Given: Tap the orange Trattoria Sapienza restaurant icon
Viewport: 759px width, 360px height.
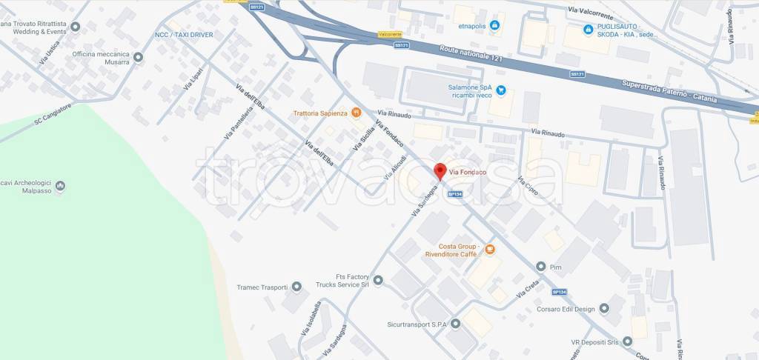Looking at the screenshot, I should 357,113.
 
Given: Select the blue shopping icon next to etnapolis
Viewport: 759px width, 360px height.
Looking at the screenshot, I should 495,25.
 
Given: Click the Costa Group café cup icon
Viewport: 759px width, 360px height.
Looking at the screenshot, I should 488,251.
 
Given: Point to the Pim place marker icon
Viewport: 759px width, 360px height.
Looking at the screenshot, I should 541,266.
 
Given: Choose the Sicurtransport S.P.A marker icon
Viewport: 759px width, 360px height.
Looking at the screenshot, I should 455,324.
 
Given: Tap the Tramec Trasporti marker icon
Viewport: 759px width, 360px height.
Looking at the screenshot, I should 296,287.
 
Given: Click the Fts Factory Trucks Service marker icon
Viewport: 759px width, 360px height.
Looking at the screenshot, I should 378,280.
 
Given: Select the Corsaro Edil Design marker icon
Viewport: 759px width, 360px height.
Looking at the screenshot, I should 603,307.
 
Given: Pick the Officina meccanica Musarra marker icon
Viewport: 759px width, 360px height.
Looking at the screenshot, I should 138,57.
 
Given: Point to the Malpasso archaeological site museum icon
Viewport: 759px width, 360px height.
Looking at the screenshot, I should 61,185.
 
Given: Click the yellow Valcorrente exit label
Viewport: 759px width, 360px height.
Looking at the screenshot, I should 389,35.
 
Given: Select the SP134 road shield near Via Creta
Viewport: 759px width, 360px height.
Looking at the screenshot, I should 560,292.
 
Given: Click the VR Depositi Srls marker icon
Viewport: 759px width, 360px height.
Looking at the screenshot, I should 627,341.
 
